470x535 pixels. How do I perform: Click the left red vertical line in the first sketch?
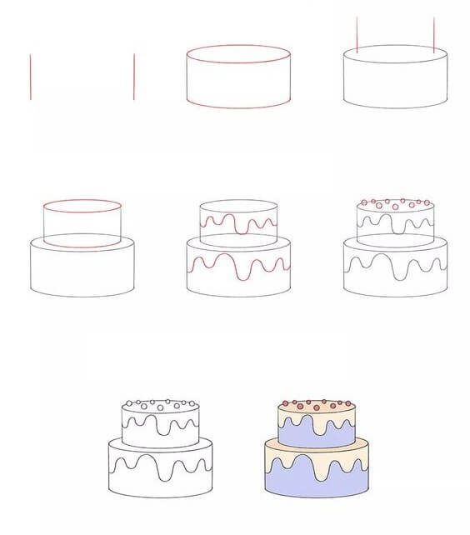(x=31, y=77)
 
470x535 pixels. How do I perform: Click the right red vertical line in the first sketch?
(x=134, y=77)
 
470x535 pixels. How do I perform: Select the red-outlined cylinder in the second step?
(x=238, y=77)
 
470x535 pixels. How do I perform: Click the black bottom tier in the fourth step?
(x=82, y=271)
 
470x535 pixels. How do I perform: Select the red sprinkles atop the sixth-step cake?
(x=396, y=202)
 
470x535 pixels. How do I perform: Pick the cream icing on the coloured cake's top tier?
(x=317, y=413)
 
